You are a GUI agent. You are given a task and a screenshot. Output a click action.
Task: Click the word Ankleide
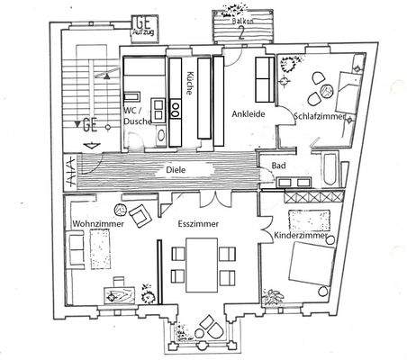pyautogui.click(x=247, y=114)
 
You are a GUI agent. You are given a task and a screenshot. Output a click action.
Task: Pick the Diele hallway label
pyautogui.click(x=176, y=168)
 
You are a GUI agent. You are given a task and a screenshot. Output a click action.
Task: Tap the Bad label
pyautogui.click(x=280, y=167)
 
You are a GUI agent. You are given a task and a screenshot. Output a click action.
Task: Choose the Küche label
pyautogui.click(x=190, y=85)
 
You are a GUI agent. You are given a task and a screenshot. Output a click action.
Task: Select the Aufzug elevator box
pyautogui.click(x=143, y=27)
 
